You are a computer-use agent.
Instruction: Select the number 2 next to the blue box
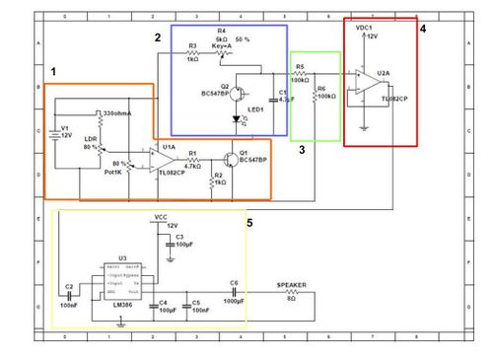click(x=157, y=36)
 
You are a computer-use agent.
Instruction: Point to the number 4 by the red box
click(x=422, y=30)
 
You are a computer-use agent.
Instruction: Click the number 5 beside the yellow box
click(x=250, y=223)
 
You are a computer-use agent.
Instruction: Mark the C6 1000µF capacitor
click(x=236, y=293)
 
